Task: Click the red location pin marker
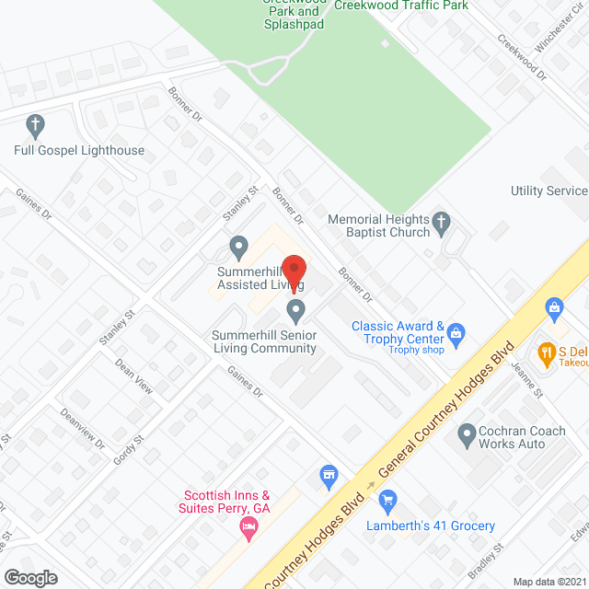pos(293,271)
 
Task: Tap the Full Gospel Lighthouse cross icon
pos(36,124)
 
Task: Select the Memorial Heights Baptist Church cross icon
pos(441,221)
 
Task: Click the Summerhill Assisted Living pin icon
pos(239,247)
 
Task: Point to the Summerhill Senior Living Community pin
pos(295,310)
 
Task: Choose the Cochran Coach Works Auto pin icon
pos(466,431)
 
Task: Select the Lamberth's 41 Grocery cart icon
pos(387,502)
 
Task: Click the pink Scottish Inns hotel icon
pos(247,526)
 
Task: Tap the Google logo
pos(29,577)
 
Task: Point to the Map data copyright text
pos(549,581)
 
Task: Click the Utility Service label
pos(549,191)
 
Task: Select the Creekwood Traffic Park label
pos(401,6)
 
